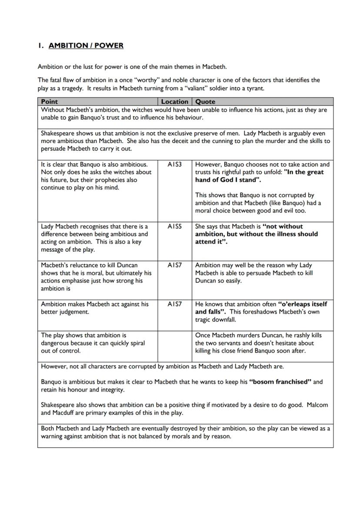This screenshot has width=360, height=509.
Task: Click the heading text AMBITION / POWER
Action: pos(86,45)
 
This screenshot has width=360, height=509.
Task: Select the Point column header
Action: pos(49,101)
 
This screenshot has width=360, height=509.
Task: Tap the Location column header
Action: pos(174,101)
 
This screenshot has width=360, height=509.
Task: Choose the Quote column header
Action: pos(206,101)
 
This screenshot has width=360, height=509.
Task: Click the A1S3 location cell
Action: pos(174,164)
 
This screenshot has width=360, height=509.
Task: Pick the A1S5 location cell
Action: pos(174,226)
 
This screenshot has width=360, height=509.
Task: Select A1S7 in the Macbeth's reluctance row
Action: pos(174,265)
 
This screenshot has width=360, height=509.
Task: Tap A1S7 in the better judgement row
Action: pos(174,304)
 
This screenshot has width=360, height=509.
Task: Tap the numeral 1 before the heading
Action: pos(39,45)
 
